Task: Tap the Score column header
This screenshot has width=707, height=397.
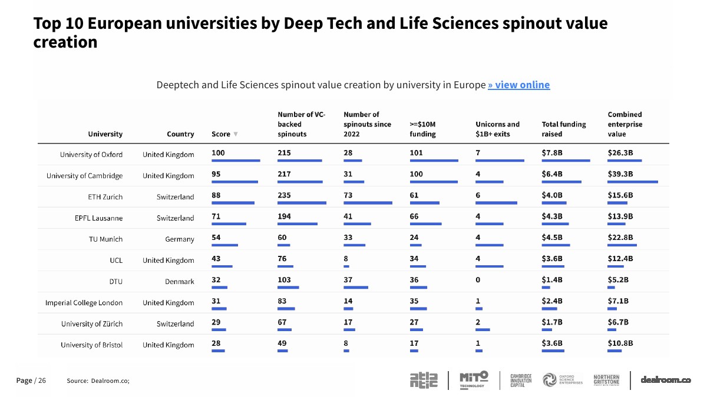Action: click(221, 134)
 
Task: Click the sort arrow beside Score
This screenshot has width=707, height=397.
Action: click(236, 134)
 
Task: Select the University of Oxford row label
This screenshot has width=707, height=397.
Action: click(91, 154)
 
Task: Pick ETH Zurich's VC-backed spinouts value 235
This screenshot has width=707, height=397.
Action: click(284, 195)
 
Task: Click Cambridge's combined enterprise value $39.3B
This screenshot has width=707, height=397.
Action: click(620, 174)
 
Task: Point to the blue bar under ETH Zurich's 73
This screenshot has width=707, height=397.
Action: click(368, 203)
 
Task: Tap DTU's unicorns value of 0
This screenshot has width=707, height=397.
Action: click(478, 280)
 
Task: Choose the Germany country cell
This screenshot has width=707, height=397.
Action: click(180, 239)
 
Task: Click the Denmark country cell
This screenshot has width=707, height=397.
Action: click(180, 281)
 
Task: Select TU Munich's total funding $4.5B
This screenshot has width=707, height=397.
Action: click(552, 237)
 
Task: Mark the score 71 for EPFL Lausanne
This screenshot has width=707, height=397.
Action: click(216, 216)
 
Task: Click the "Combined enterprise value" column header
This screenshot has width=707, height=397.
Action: click(625, 124)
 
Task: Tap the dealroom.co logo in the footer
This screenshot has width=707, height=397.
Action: click(666, 380)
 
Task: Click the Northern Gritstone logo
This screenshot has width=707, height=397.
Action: click(606, 380)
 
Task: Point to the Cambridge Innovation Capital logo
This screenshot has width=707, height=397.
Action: click(521, 381)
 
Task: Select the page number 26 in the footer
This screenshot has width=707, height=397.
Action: click(42, 381)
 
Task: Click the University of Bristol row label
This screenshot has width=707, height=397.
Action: click(91, 345)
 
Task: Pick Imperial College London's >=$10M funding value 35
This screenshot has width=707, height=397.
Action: click(414, 301)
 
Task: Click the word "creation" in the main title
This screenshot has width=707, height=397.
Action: click(65, 42)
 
